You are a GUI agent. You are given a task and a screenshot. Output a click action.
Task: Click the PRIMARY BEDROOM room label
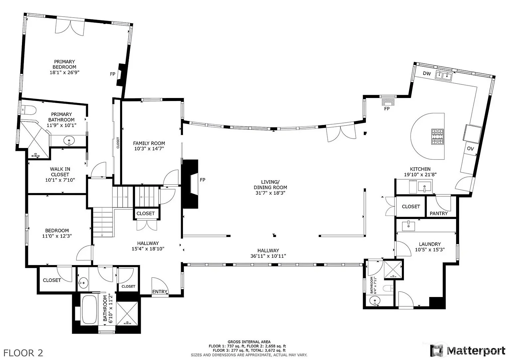[x=64, y=64]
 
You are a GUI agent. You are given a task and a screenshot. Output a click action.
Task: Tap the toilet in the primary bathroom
[x=29, y=110]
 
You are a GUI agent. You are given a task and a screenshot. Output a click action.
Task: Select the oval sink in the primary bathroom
[x=69, y=141]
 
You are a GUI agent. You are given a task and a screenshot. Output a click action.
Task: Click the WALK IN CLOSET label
[x=60, y=172]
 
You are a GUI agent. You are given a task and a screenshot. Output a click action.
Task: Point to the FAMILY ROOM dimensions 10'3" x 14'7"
[x=149, y=149]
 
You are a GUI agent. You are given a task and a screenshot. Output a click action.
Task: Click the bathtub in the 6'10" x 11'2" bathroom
[x=89, y=310]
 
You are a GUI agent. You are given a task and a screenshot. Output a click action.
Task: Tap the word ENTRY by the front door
[x=160, y=292]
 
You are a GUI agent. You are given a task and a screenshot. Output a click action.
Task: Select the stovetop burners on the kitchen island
[x=437, y=136]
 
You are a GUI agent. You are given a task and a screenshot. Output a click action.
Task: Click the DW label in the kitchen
[x=427, y=74]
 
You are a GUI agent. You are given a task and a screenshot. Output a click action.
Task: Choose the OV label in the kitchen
[x=470, y=149]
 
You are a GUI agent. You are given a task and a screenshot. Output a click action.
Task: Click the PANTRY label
[x=439, y=213]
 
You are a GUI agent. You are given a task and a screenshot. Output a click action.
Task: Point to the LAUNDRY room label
[x=430, y=244]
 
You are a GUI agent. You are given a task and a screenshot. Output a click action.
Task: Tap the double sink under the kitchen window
[x=444, y=75]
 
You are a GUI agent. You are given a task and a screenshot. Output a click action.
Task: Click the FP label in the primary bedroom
[x=112, y=74]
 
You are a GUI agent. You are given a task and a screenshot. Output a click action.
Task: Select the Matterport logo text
[x=476, y=351]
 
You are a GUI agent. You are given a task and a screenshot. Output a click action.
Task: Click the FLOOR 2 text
[x=23, y=353]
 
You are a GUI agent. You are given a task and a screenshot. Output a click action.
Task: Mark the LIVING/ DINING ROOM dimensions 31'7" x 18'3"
[x=270, y=193]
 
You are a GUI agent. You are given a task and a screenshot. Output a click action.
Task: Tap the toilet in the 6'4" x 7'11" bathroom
[x=388, y=288]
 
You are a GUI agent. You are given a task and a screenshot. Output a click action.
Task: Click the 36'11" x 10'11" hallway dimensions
[x=268, y=256]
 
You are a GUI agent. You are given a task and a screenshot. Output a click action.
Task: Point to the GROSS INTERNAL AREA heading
[x=249, y=342]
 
